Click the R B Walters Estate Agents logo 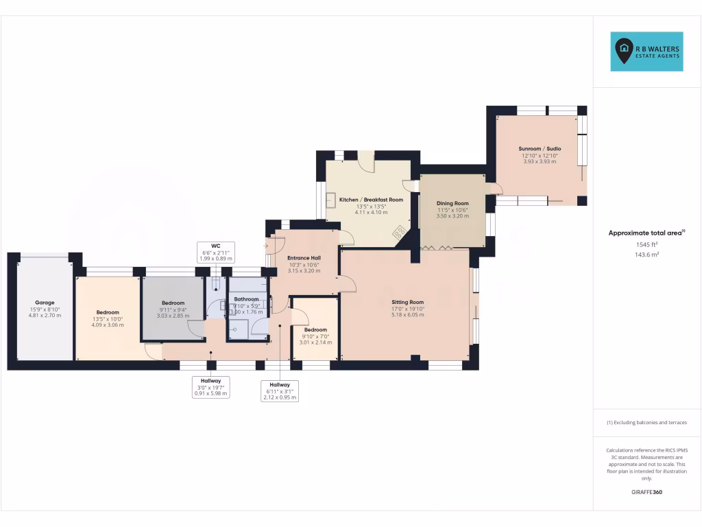tap(646, 51)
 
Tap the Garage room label tap(45, 303)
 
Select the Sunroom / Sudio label tap(540, 149)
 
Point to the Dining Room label tap(452, 203)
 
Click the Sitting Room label tap(408, 302)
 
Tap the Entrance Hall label tap(304, 257)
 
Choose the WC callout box tap(215, 252)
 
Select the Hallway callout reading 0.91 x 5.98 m tap(210, 387)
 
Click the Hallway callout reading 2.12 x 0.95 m tap(280, 390)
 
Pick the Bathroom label tap(246, 299)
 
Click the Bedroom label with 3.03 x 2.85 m tap(173, 303)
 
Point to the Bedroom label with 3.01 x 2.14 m tap(315, 329)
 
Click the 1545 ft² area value tap(646, 244)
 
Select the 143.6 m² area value tap(646, 255)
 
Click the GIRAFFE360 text tap(646, 492)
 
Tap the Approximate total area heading tap(646, 233)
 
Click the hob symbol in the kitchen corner tap(399, 234)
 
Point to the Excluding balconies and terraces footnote tap(646, 423)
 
